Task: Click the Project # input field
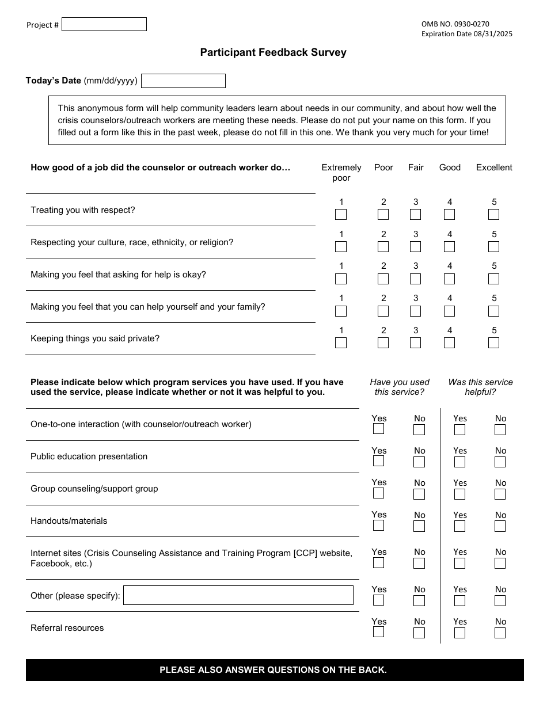(x=104, y=24)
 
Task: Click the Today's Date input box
(x=183, y=81)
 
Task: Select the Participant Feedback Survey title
(x=273, y=52)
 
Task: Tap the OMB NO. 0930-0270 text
(x=455, y=24)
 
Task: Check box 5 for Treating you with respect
(x=493, y=214)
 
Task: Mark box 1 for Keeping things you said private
(x=341, y=342)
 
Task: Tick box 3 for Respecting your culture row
(x=415, y=246)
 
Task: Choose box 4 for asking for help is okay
(x=449, y=279)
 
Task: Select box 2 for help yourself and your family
(x=383, y=311)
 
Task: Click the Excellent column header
(x=493, y=168)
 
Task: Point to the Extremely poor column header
(x=341, y=172)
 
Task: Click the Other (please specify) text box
(x=238, y=595)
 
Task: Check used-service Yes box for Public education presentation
(x=378, y=461)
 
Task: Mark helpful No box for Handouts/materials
(x=500, y=526)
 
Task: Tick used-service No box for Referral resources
(x=419, y=633)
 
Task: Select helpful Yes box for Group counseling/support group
(x=459, y=494)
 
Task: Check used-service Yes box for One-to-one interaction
(x=378, y=429)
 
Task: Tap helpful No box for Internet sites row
(x=500, y=563)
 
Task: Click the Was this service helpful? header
(x=480, y=387)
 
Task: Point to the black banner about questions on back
(x=275, y=670)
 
